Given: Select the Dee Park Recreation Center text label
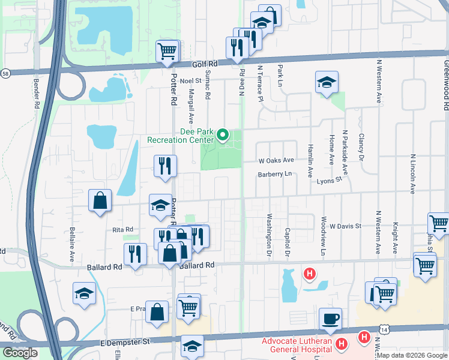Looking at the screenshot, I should [181, 136].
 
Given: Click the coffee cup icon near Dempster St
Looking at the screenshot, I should [330, 319].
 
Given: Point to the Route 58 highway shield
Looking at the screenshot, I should [5, 73].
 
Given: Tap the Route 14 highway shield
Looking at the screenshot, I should [384, 329].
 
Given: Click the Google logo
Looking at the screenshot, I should [20, 353].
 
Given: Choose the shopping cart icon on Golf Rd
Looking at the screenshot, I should [167, 52].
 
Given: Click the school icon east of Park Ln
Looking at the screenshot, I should [327, 83].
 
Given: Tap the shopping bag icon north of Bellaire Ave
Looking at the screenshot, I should [100, 201].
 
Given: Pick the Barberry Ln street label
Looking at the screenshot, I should [274, 174].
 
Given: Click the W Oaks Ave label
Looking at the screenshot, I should [276, 160].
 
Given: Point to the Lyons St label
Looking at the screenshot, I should [329, 179].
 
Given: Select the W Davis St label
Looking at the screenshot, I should [345, 226].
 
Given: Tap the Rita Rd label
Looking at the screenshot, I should [122, 229].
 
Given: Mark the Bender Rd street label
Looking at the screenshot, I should [37, 92].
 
